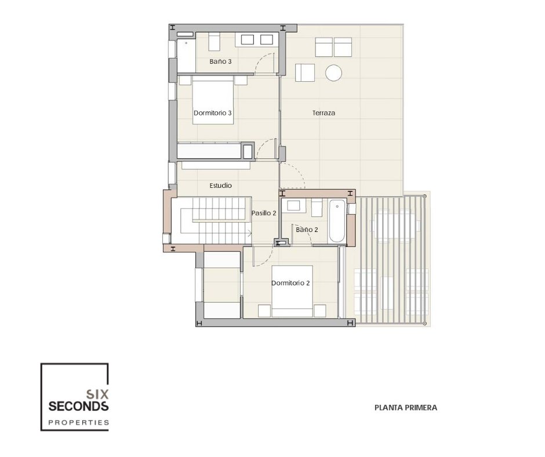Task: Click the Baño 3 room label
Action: (220, 61)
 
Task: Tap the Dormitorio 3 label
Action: (212, 113)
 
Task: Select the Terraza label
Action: (324, 113)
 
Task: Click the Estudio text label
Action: (220, 186)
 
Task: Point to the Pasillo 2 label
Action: (264, 213)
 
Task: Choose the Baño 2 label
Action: (307, 230)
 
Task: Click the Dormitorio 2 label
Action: (290, 283)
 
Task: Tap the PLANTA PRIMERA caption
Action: (406, 408)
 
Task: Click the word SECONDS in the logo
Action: (78, 406)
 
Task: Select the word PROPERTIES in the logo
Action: (78, 423)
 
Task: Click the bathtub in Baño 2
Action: (337, 221)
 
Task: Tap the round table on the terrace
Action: (334, 73)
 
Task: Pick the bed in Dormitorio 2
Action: (292, 292)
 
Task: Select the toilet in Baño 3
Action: (214, 42)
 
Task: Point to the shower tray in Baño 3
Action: (187, 56)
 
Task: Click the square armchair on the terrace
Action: (305, 72)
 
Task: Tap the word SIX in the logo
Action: (97, 394)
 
